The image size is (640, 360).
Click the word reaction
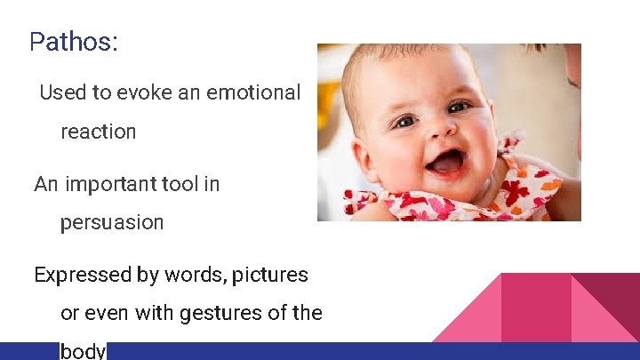(x=98, y=132)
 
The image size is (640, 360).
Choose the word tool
(x=180, y=184)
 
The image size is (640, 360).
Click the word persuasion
(x=112, y=222)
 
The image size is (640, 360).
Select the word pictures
(x=270, y=275)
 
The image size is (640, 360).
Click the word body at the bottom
(x=83, y=350)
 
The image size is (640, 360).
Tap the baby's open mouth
(x=447, y=162)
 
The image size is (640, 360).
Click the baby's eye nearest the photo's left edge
(x=404, y=121)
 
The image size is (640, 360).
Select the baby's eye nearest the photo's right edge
(x=459, y=107)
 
